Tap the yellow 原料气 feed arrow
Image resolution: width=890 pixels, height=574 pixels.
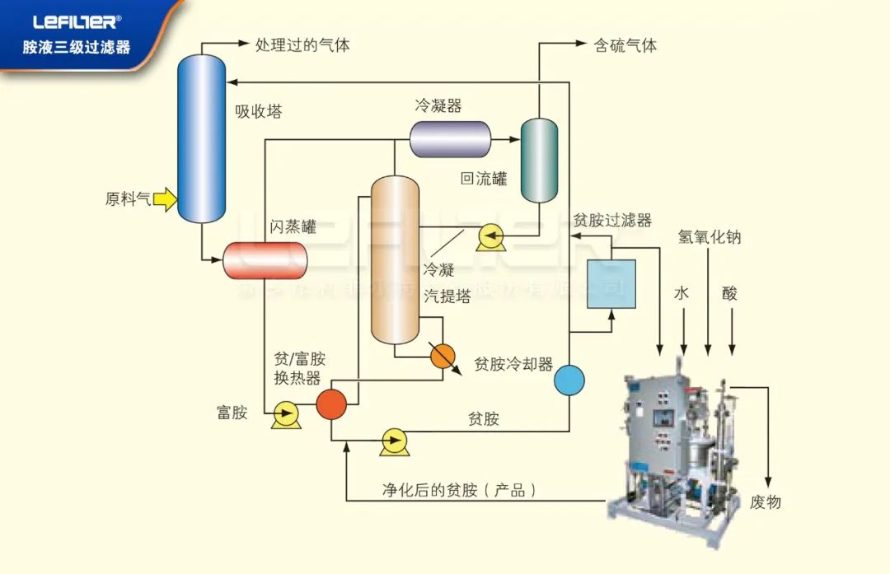click(x=165, y=198)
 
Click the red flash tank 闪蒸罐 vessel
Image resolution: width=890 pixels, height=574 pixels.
click(x=265, y=261)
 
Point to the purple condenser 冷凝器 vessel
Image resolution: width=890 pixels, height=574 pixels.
click(x=450, y=139)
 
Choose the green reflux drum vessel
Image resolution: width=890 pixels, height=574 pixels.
click(x=539, y=160)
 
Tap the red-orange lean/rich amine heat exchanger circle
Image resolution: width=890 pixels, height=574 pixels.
click(x=332, y=404)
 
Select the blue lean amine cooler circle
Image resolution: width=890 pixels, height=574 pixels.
click(x=569, y=380)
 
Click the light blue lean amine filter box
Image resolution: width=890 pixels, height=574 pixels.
click(x=611, y=284)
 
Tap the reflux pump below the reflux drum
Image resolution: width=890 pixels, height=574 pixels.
click(x=491, y=238)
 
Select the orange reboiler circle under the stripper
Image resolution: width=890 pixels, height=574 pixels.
click(x=443, y=356)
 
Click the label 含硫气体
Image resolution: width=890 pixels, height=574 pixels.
click(x=625, y=45)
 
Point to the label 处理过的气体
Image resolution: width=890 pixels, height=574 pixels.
click(x=302, y=45)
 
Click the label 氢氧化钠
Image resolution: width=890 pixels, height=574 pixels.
click(x=710, y=237)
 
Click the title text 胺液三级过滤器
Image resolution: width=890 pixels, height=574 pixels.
click(x=76, y=48)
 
